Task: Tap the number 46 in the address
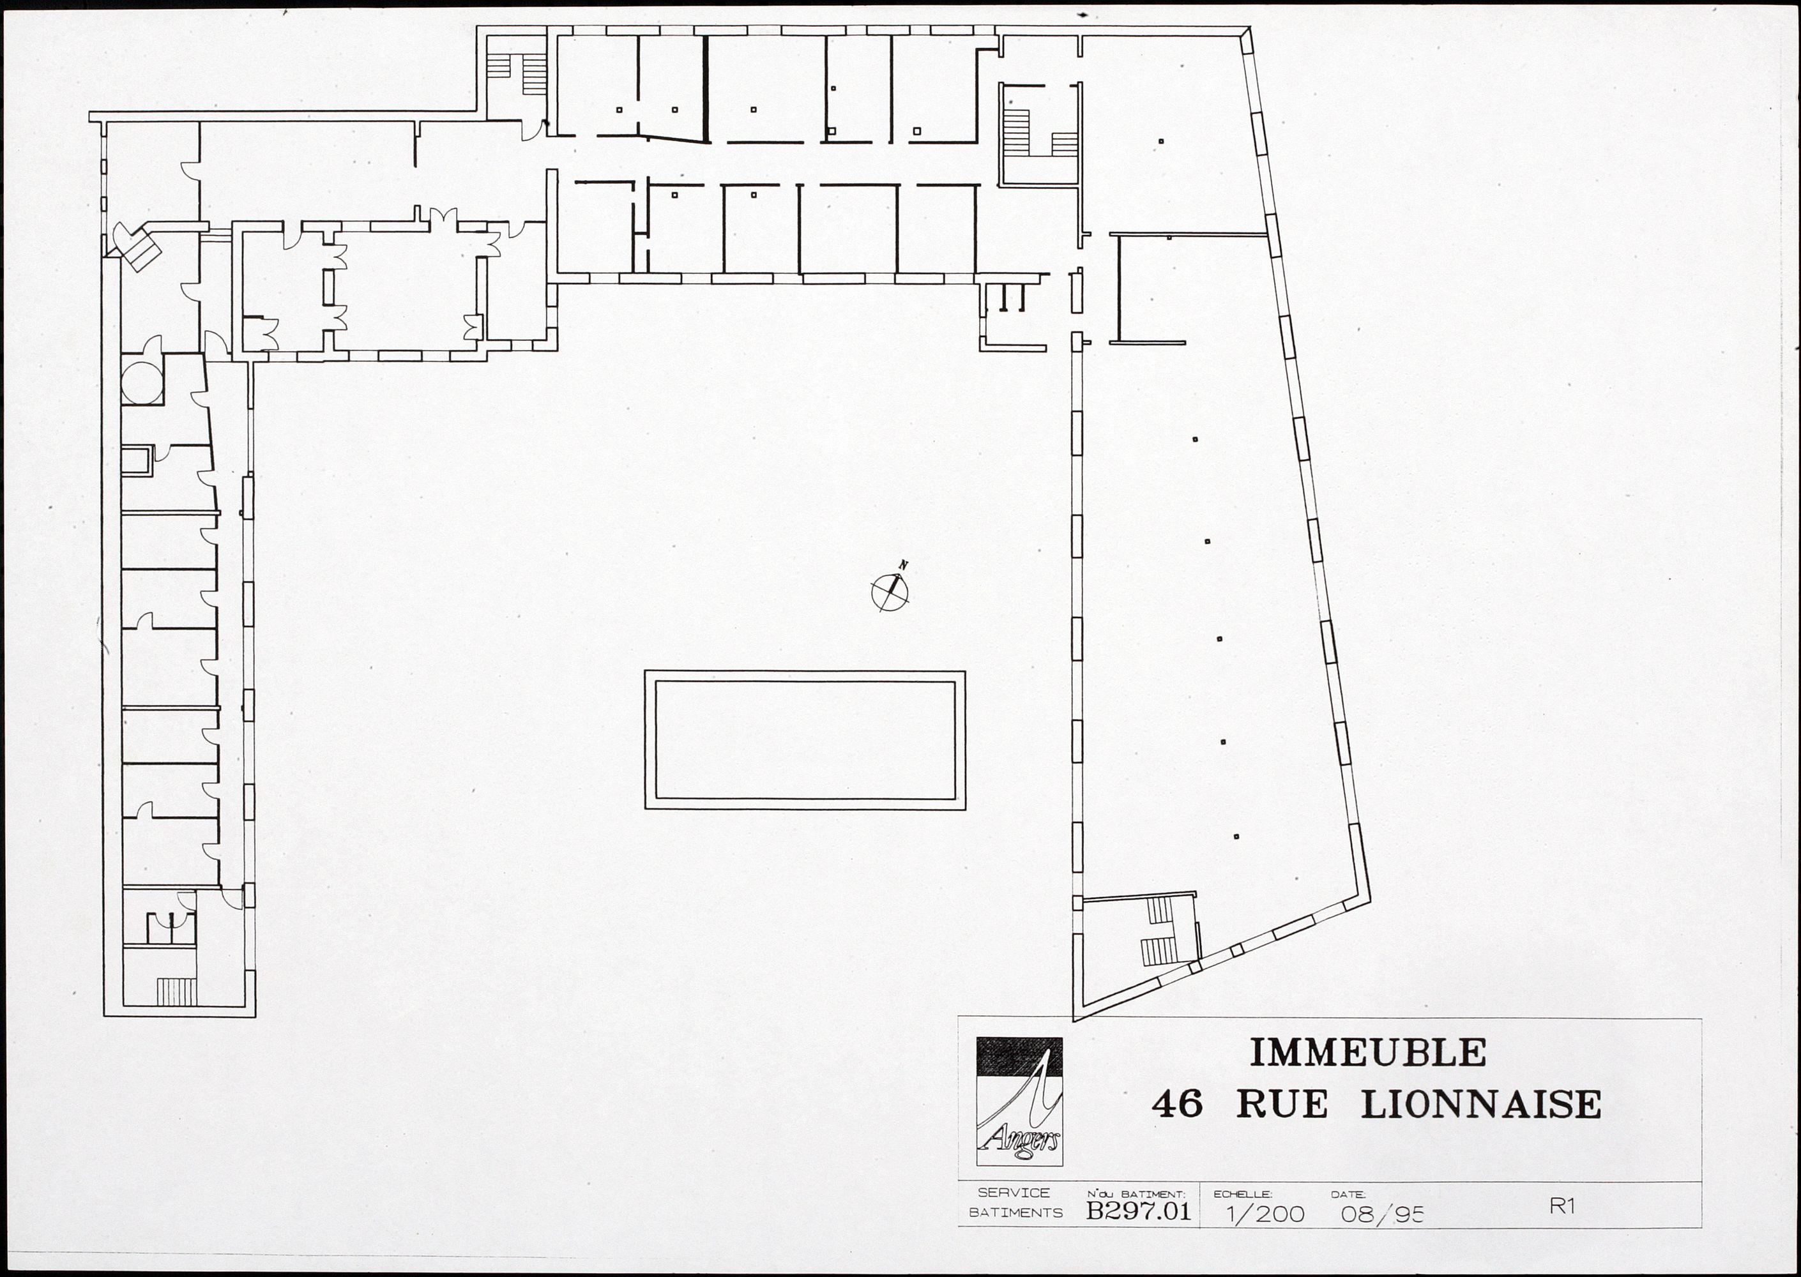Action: pos(1177,1105)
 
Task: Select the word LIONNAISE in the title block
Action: pos(1482,1105)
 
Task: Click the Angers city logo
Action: pos(1019,1101)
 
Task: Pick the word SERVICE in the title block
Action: pos(1014,1193)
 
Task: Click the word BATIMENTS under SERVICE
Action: pos(1015,1213)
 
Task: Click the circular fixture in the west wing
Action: pos(142,383)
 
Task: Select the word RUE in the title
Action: pos(1282,1105)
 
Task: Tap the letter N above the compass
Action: pos(904,564)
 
